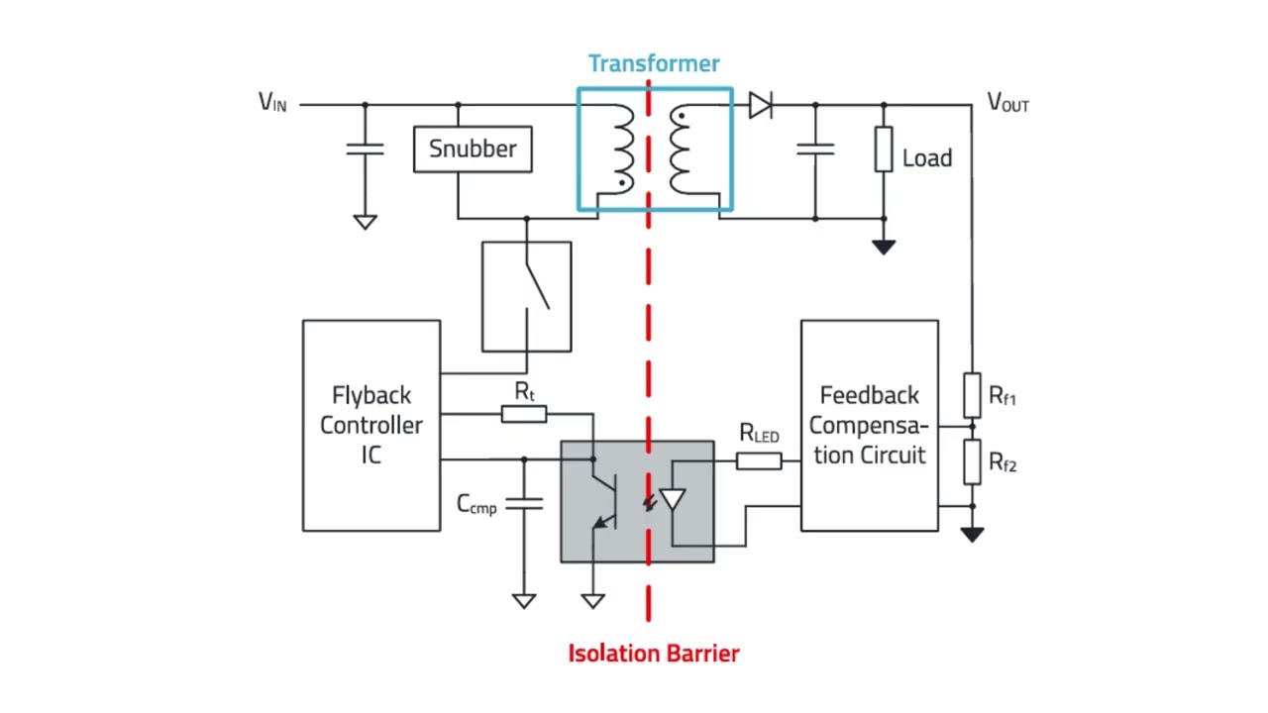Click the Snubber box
point(473,150)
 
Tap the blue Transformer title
point(654,63)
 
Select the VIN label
point(272,102)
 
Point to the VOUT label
point(1008,102)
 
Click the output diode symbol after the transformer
point(760,105)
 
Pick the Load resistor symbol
point(884,150)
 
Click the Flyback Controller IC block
point(371,426)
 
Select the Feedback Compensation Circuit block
point(870,426)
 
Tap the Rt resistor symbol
point(524,414)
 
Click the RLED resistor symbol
point(759,461)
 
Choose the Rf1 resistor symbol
point(973,395)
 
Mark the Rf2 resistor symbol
point(973,461)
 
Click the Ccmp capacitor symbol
point(524,504)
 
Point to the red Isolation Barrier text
point(654,654)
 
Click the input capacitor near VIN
point(366,150)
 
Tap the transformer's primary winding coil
point(624,150)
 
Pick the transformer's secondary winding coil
point(680,150)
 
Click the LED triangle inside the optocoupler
point(673,499)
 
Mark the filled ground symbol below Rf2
point(972,535)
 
